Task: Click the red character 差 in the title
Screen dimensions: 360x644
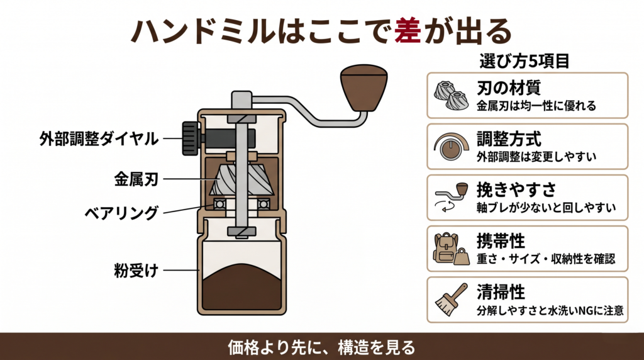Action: click(x=408, y=31)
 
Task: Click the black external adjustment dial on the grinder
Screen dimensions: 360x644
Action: click(x=189, y=138)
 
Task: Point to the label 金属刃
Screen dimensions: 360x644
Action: click(x=135, y=179)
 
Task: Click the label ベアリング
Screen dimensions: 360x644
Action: click(x=121, y=213)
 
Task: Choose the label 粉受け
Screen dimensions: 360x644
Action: click(x=135, y=271)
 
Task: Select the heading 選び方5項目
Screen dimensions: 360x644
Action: click(x=525, y=62)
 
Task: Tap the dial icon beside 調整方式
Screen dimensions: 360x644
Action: click(x=450, y=147)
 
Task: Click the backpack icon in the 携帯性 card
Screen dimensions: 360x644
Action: click(x=445, y=247)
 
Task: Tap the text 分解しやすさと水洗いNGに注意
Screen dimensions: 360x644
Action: click(x=549, y=310)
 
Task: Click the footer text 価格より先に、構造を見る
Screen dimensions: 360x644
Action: click(x=321, y=347)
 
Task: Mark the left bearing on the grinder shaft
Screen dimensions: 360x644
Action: click(x=219, y=205)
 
